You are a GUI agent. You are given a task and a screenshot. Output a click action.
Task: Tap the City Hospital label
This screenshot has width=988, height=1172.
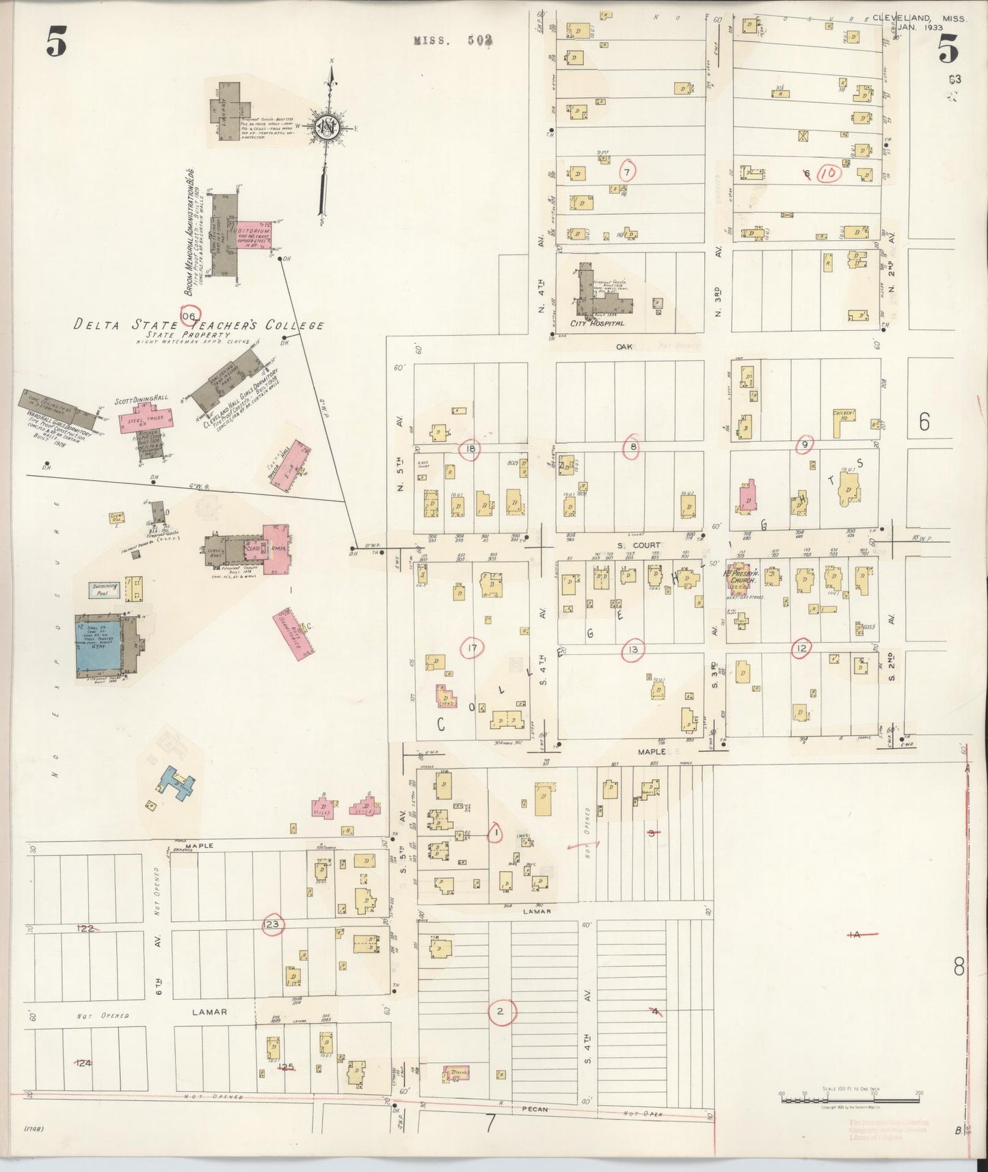600,323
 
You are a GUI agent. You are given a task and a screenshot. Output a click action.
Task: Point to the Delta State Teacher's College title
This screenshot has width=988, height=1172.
198,325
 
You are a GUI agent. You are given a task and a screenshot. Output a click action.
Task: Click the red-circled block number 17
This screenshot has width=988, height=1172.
472,648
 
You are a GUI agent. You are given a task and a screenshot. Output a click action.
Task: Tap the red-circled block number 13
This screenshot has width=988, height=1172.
634,649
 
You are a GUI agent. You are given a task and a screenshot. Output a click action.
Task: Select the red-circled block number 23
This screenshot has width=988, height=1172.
273,924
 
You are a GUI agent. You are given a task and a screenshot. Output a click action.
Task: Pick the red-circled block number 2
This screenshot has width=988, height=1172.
501,1011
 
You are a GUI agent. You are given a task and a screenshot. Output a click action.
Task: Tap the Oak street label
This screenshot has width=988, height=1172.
624,347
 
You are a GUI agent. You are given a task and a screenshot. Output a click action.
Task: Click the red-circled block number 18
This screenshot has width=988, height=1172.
470,449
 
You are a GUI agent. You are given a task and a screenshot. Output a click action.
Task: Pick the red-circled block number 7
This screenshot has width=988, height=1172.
626,171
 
